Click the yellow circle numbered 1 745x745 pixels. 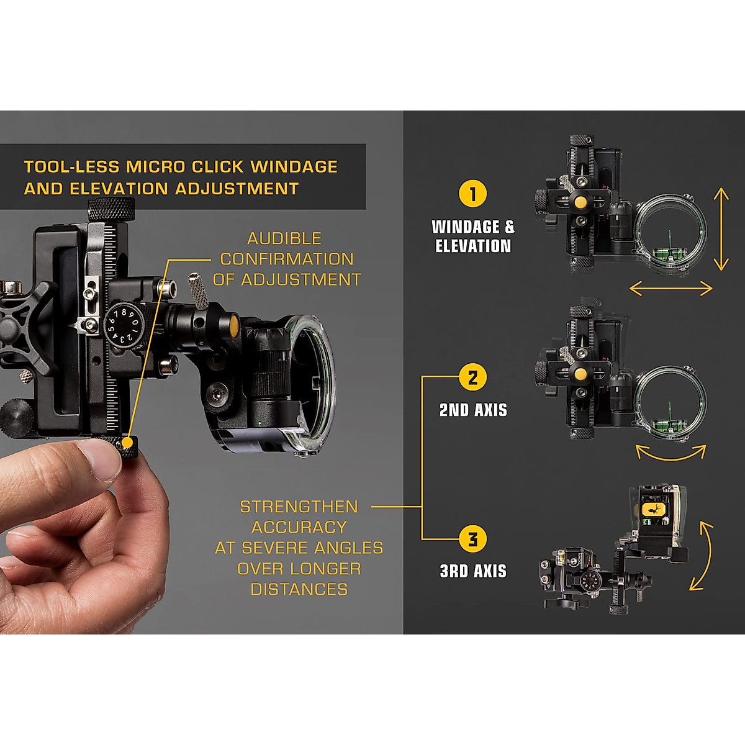pyautogui.click(x=472, y=194)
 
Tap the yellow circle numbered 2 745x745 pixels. pyautogui.click(x=472, y=377)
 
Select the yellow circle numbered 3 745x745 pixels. pyautogui.click(x=472, y=539)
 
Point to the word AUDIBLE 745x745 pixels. pyautogui.click(x=284, y=238)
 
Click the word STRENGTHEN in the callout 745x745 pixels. pyautogui.click(x=299, y=507)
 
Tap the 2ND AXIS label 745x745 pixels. pyautogui.click(x=473, y=410)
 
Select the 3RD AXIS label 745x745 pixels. pyautogui.click(x=473, y=571)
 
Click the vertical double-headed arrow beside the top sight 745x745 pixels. pyautogui.click(x=721, y=230)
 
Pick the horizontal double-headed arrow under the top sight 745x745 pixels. pyautogui.click(x=671, y=288)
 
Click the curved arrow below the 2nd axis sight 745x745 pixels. pyautogui.click(x=671, y=453)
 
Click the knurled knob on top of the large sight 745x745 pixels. pyautogui.click(x=111, y=209)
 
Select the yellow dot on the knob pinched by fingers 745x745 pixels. pyautogui.click(x=128, y=443)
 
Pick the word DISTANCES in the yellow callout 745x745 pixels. pyautogui.click(x=299, y=589)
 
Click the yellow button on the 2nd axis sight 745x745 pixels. pyautogui.click(x=580, y=373)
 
